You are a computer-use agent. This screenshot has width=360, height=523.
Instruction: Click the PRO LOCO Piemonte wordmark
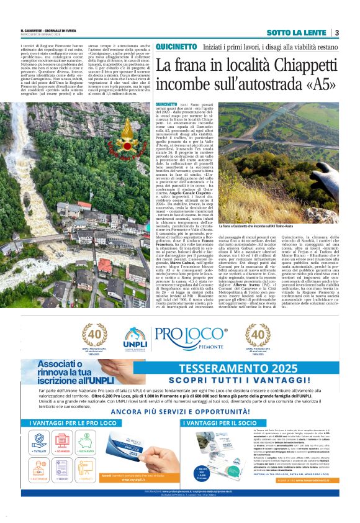click(x=196, y=337)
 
